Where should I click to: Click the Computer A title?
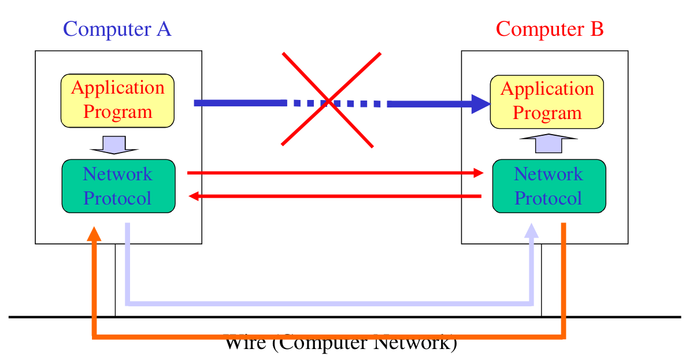click(x=117, y=29)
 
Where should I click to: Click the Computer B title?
click(x=550, y=29)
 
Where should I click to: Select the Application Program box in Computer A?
click(x=117, y=101)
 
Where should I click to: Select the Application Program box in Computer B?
click(x=547, y=102)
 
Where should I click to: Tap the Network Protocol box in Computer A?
click(x=118, y=186)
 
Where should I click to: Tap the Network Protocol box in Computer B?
click(x=549, y=186)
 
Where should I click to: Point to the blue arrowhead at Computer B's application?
click(x=480, y=103)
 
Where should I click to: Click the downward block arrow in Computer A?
click(x=114, y=145)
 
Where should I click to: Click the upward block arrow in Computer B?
click(x=549, y=143)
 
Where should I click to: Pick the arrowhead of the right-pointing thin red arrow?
click(x=477, y=173)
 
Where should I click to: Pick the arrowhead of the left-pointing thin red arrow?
click(x=195, y=197)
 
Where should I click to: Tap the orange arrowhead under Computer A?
click(x=94, y=233)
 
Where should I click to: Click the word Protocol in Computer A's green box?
click(x=117, y=198)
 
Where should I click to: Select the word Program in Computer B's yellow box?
click(x=547, y=113)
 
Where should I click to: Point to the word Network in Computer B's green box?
click(x=549, y=174)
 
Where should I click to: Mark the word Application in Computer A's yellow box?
click(x=118, y=88)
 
